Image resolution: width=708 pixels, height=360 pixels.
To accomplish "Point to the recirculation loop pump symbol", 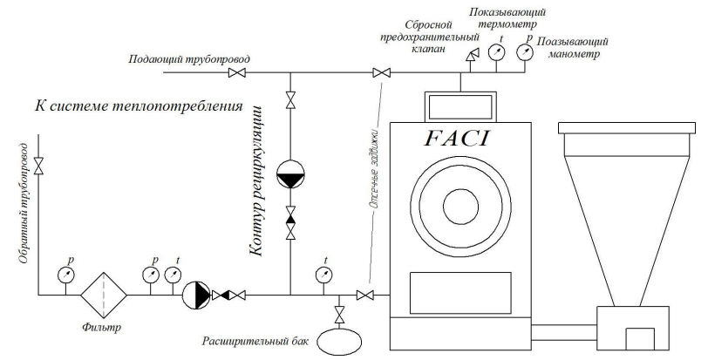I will click(x=290, y=176).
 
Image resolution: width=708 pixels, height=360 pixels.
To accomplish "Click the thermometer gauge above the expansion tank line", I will click(x=324, y=275).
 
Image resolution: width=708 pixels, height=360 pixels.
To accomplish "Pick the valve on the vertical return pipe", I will click(x=38, y=163).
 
